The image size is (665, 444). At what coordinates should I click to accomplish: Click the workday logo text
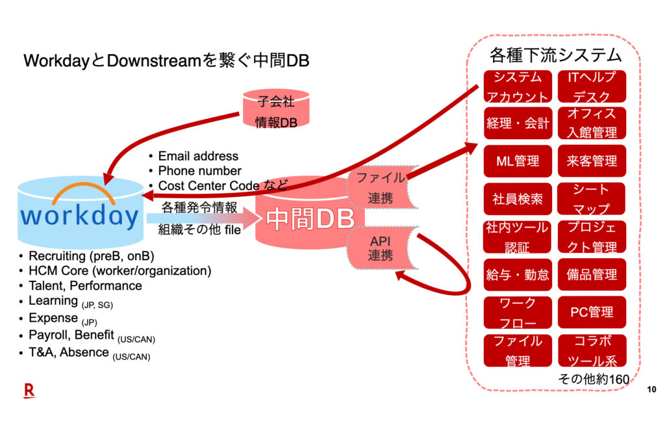(80, 215)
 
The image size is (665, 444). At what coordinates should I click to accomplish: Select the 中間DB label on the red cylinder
(310, 220)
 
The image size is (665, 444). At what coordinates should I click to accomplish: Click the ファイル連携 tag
(380, 187)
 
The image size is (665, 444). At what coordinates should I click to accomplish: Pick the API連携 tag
(380, 248)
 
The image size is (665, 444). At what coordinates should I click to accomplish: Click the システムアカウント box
(518, 86)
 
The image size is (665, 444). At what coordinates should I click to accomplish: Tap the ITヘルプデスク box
(592, 86)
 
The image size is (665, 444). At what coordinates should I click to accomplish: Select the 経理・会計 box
(518, 124)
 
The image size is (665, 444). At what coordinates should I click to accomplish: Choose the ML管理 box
(518, 161)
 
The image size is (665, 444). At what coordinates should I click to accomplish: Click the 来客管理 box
(592, 161)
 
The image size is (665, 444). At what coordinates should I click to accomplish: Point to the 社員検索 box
(518, 199)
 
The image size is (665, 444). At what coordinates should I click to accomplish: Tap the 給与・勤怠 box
(518, 274)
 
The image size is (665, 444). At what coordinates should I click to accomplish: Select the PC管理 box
(592, 312)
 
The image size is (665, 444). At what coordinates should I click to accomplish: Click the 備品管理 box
(592, 274)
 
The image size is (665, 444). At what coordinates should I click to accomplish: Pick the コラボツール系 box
(592, 350)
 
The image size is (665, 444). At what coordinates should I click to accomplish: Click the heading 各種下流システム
(555, 55)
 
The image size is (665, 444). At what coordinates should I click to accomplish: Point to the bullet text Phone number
(199, 171)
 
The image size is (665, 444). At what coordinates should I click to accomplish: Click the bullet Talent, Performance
(85, 285)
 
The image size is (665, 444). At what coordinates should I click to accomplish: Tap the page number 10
(651, 389)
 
